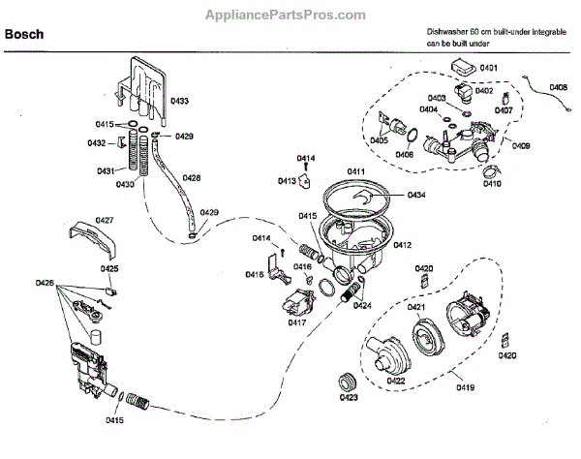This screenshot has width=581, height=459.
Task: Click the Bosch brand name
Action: point(24,34)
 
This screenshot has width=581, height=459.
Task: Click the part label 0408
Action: point(559,87)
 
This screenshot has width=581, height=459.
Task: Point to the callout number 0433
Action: point(180,101)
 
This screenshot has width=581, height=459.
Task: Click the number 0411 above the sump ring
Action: point(356,171)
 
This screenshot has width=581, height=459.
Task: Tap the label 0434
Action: point(416,196)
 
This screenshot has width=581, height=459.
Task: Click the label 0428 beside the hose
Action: point(192,178)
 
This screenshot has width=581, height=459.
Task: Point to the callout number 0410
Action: point(493,183)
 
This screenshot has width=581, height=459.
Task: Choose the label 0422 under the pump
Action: point(396,380)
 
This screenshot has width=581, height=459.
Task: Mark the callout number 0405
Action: point(378,141)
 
